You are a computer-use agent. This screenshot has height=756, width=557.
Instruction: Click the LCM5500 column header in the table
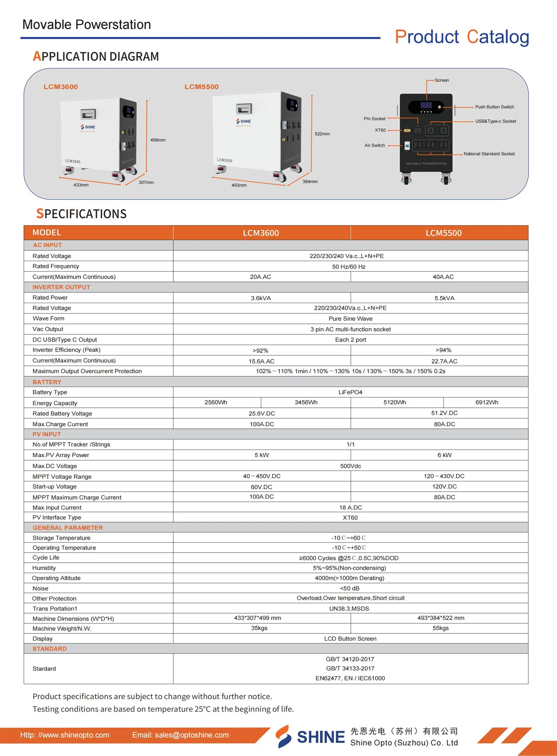click(x=444, y=233)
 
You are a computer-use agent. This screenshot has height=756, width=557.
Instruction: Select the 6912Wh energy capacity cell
click(x=486, y=402)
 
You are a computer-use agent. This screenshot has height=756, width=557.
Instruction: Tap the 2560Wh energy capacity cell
click(x=216, y=402)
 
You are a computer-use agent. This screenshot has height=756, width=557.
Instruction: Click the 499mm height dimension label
click(x=158, y=140)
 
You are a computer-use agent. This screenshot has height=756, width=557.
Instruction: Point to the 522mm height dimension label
click(x=322, y=134)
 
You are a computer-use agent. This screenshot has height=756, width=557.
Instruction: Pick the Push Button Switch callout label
click(x=494, y=107)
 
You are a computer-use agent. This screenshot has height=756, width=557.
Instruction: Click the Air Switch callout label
click(x=375, y=145)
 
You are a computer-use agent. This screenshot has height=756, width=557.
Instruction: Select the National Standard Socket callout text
click(x=489, y=154)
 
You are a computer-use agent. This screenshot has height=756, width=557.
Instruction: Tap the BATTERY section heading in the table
click(x=47, y=382)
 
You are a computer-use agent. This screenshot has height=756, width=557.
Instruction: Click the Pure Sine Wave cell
click(x=350, y=319)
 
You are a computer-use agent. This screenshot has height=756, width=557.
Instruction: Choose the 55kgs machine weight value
click(x=440, y=628)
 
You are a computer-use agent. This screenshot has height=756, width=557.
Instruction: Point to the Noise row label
click(x=40, y=588)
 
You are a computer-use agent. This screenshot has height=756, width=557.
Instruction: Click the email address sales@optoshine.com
click(x=180, y=735)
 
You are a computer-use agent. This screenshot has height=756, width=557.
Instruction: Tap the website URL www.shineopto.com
click(x=65, y=735)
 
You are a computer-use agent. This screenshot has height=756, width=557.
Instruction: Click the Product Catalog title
click(x=462, y=37)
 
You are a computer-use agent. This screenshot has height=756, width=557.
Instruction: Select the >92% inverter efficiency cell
click(x=260, y=350)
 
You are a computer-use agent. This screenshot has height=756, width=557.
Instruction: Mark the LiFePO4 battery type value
click(x=350, y=392)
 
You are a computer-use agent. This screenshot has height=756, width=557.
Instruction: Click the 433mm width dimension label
click(x=81, y=185)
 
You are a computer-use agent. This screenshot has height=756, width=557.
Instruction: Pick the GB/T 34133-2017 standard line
click(x=350, y=668)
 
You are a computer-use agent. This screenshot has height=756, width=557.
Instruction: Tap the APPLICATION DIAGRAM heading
click(x=96, y=56)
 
